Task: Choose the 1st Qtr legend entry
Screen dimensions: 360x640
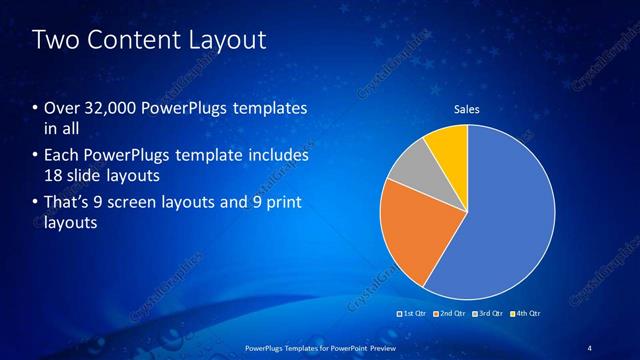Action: click(x=415, y=313)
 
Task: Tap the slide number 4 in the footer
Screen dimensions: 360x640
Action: click(x=590, y=347)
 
